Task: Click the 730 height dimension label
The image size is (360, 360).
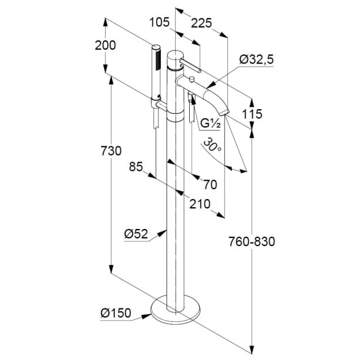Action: click(111, 151)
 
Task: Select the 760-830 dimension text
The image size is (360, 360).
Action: click(251, 241)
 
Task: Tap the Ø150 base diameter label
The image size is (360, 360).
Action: click(116, 312)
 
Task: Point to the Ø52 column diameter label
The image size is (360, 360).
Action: click(136, 234)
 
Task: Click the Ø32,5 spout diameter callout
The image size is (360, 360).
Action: click(257, 59)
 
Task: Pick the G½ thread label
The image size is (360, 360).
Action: click(210, 123)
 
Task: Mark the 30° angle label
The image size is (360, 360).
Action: click(213, 144)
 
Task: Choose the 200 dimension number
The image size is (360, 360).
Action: click(105, 45)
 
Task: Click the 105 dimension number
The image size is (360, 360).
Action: click(159, 22)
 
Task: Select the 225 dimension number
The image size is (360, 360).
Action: click(201, 23)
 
